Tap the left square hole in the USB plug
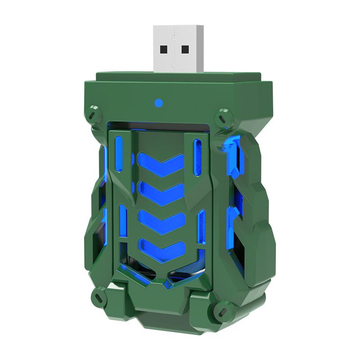point(163,48)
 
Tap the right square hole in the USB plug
point(185,49)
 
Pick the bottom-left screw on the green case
point(98,296)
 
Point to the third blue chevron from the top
point(162,220)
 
